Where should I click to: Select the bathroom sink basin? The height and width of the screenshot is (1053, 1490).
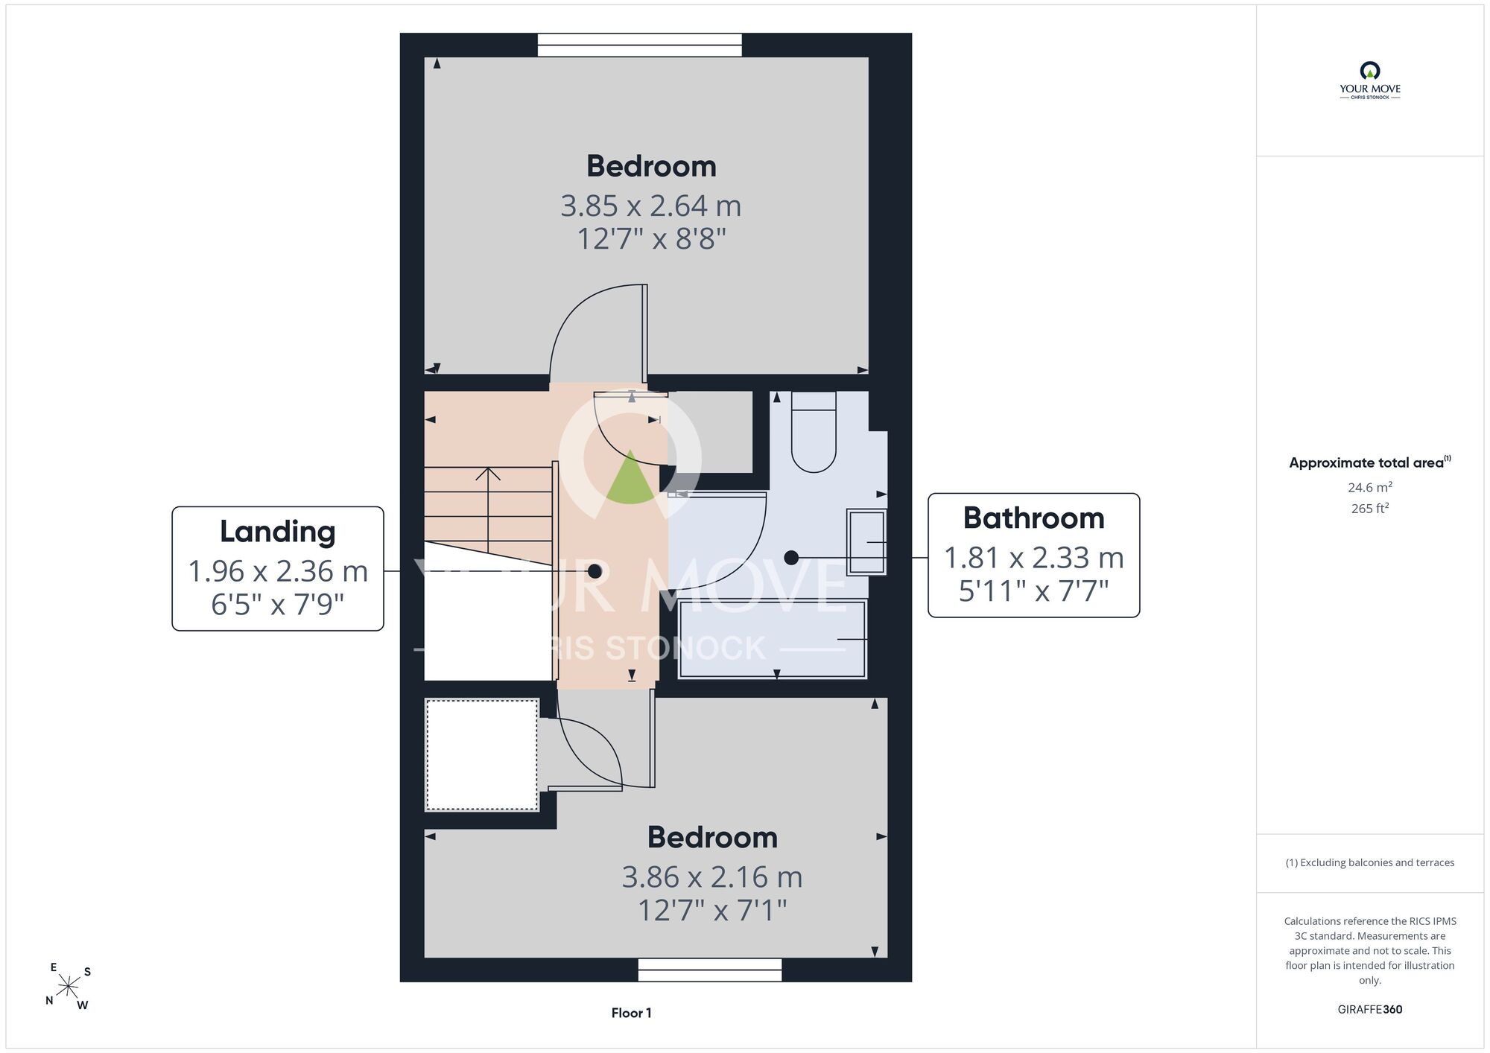(866, 542)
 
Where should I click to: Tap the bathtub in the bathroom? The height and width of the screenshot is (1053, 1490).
(773, 639)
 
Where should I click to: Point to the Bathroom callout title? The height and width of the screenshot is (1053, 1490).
(1033, 518)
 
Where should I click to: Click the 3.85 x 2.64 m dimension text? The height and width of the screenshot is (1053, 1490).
(650, 206)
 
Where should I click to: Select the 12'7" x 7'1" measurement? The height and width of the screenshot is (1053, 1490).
(712, 910)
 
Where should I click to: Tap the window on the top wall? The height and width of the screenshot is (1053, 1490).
(640, 45)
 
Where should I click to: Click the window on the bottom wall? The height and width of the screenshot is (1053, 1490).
(710, 970)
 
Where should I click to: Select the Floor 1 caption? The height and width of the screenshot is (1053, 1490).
(631, 1013)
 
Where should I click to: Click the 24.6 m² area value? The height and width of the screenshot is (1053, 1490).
(1370, 488)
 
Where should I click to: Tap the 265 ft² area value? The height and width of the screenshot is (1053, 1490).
(1370, 509)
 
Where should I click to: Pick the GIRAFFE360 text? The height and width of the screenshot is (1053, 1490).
(1370, 1010)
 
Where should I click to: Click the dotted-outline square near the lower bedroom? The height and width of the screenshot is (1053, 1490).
(482, 754)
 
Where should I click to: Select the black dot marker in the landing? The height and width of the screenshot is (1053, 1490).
(595, 571)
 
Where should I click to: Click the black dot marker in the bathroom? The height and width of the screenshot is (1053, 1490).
(791, 557)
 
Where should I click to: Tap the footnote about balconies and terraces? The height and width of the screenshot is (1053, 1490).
(1370, 862)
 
